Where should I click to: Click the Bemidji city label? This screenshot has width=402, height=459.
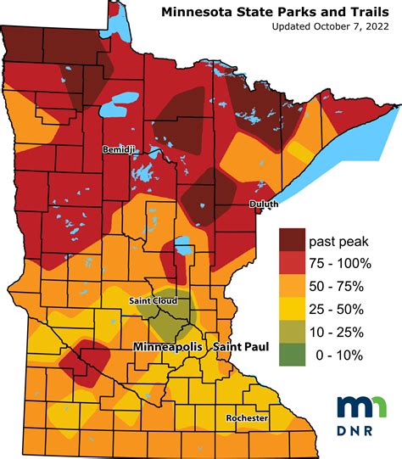click(118, 149)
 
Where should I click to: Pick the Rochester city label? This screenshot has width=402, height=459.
click(248, 419)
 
